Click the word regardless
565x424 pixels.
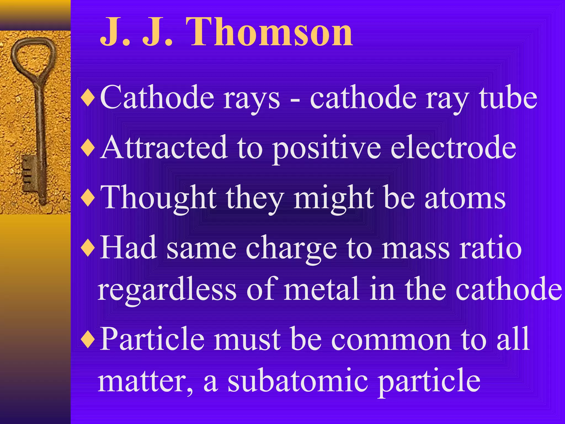point(167,290)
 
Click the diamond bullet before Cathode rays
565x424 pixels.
point(88,98)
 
